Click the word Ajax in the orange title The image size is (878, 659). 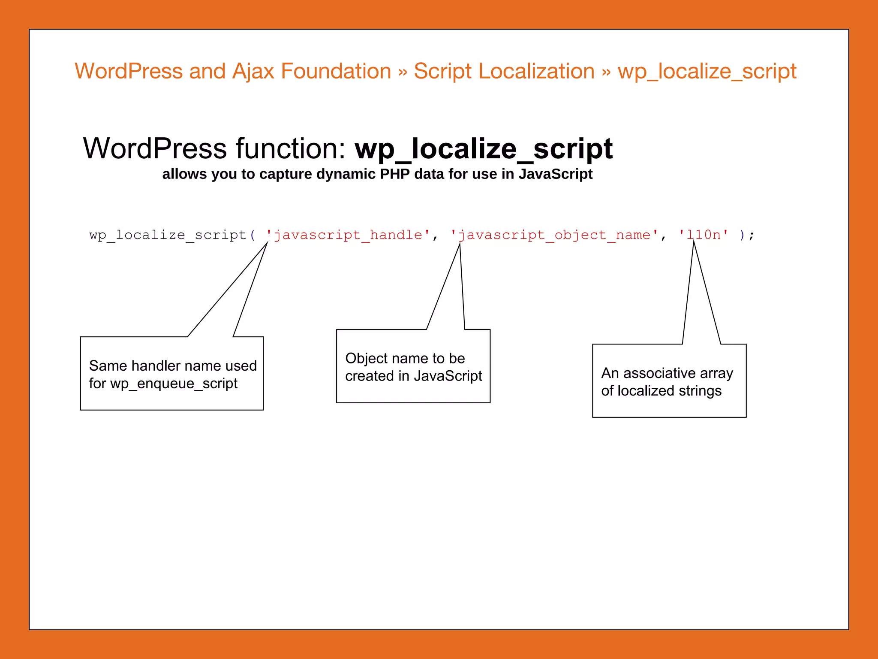point(253,72)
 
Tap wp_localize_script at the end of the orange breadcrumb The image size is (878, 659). point(707,72)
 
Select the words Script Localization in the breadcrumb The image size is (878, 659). point(504,72)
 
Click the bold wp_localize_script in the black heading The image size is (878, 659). point(484,149)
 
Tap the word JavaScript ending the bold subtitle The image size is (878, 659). point(555,174)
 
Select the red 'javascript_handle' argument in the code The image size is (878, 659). point(348,235)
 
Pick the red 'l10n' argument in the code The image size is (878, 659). point(704,235)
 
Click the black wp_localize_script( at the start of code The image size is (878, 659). point(171,235)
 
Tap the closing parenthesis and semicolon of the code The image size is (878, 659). point(746,235)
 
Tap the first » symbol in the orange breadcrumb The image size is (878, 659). point(402,72)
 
